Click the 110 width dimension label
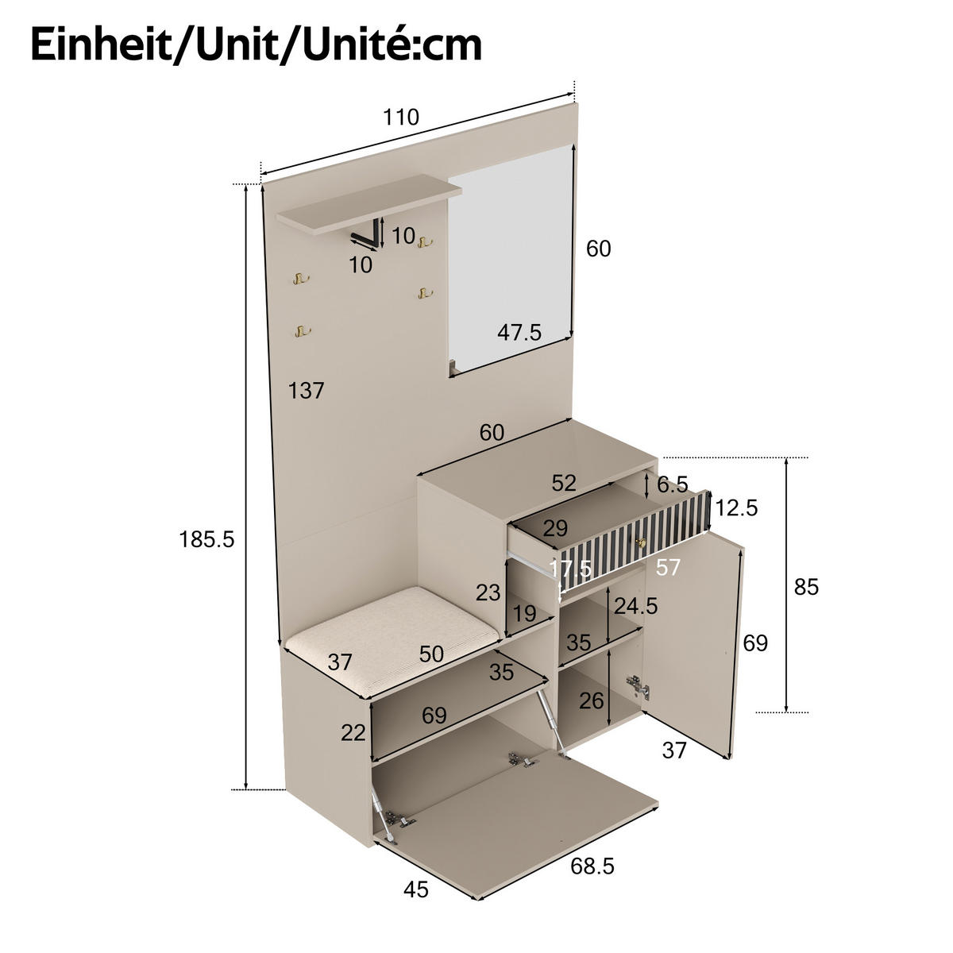pyautogui.click(x=400, y=118)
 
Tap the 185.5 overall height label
pyautogui.click(x=206, y=540)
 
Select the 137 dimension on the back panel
pyautogui.click(x=307, y=391)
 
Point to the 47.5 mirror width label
pyautogui.click(x=519, y=332)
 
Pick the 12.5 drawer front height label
pyautogui.click(x=736, y=507)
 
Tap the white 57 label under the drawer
pyautogui.click(x=668, y=567)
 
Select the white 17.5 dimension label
pyautogui.click(x=570, y=569)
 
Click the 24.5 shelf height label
pyautogui.click(x=635, y=606)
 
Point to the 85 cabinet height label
pyautogui.click(x=805, y=587)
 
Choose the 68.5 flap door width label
pyautogui.click(x=592, y=866)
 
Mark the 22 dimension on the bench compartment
pyautogui.click(x=353, y=732)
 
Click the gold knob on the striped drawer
pyautogui.click(x=640, y=542)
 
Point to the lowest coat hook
pyautogui.click(x=300, y=331)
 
